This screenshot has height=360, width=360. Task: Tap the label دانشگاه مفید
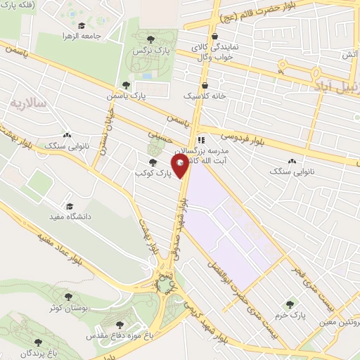[69, 217]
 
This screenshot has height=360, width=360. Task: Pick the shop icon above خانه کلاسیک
[204, 84]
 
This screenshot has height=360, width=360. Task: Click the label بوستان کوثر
[68, 308]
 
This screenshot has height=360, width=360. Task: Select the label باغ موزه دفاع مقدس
[115, 336]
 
